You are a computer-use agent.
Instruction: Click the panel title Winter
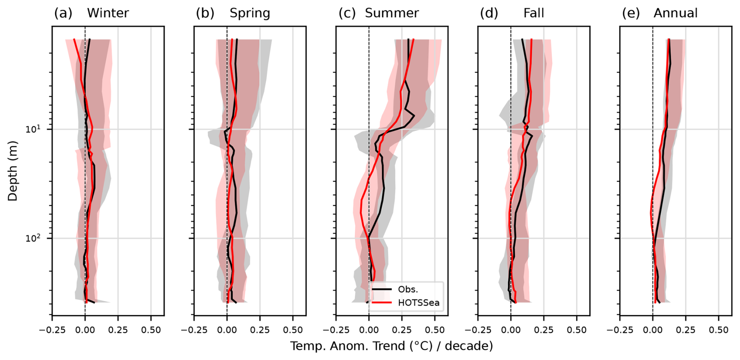pos(108,13)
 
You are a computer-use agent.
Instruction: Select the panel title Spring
pos(250,13)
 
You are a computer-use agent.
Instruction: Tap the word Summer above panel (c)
pos(392,13)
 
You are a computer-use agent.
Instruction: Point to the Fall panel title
pos(533,13)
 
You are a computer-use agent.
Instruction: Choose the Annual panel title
pos(675,13)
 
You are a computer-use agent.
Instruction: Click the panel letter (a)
pos(63,13)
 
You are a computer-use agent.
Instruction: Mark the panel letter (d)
pos(489,13)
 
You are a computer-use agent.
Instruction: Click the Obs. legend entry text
pos(408,290)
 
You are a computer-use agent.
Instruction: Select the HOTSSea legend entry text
pos(418,303)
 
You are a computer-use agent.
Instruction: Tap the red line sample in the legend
pos(381,303)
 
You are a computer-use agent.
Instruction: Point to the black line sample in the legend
pos(381,290)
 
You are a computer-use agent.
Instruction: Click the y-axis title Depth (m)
pos(13,171)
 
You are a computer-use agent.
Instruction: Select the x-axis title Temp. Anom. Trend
pos(391,346)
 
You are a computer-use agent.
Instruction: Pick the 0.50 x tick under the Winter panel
pos(151,330)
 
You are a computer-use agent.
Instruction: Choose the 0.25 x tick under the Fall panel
pos(544,330)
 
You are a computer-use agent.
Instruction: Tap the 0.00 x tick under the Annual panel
pos(652,330)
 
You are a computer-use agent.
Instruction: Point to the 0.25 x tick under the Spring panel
pos(260,330)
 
